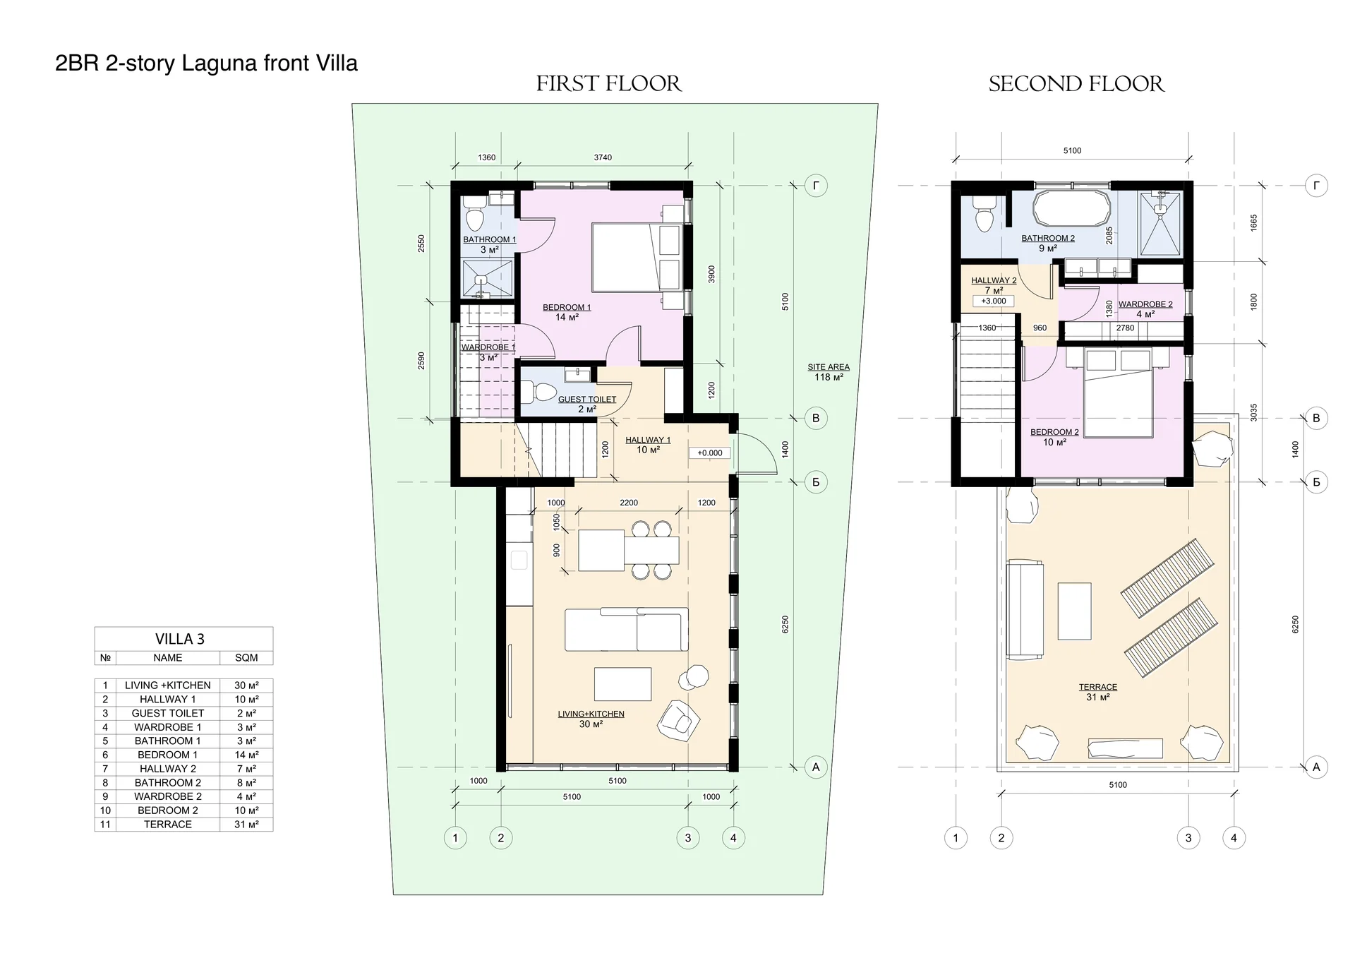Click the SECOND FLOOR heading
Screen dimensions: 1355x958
[x=1076, y=84]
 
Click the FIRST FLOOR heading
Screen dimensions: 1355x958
[x=609, y=84]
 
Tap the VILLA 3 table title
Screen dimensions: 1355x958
[x=180, y=639]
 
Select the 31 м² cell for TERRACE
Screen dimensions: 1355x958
[x=246, y=824]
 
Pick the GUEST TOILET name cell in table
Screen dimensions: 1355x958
[x=168, y=713]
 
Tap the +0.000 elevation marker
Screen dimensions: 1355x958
[x=710, y=453]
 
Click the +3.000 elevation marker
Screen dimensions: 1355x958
[x=994, y=301]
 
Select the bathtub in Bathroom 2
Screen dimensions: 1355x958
[x=1072, y=209]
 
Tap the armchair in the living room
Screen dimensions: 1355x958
[x=678, y=721]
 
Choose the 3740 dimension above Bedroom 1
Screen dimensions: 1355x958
[x=603, y=157]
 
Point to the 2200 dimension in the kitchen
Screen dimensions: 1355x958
[x=629, y=503]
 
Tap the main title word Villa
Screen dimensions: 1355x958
[x=337, y=64]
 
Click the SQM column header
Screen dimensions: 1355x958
[x=246, y=657]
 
